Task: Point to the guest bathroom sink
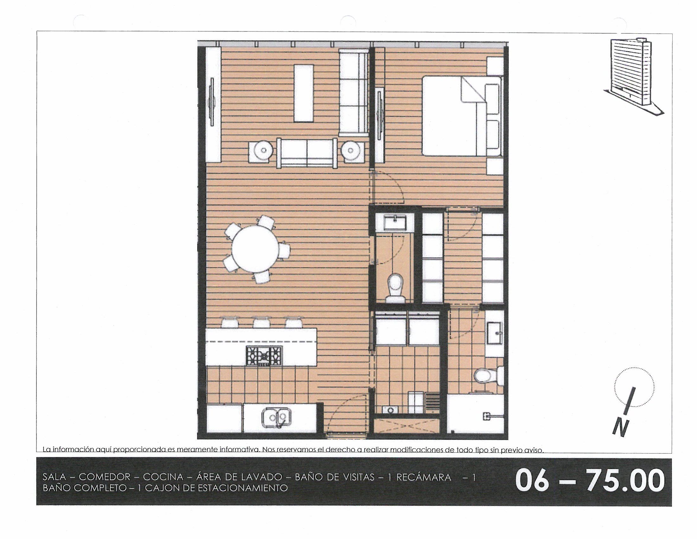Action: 395,223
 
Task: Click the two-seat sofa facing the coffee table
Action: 307,153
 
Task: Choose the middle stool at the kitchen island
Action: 261,322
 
